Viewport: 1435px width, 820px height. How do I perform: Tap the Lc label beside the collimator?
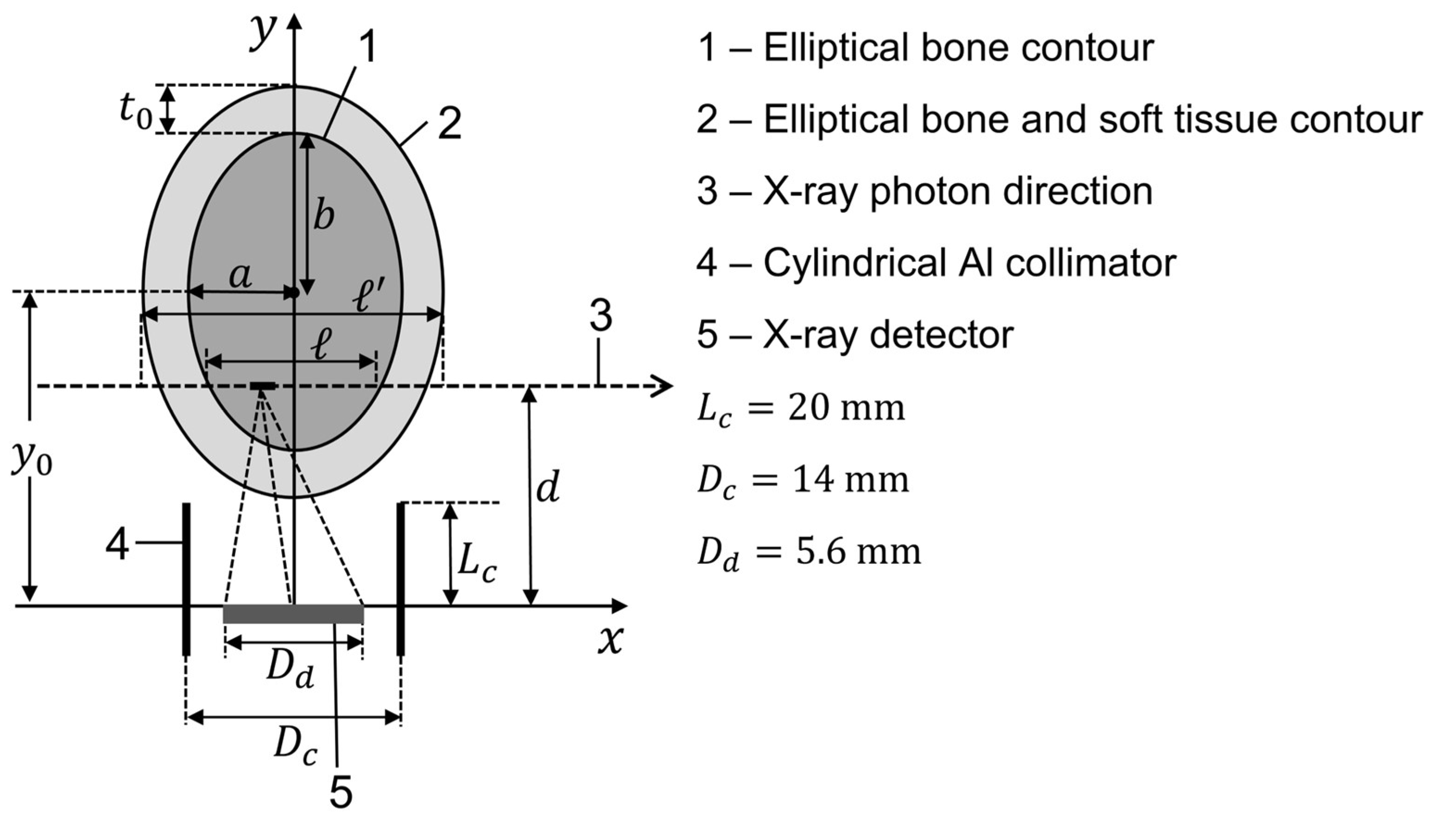tap(476, 563)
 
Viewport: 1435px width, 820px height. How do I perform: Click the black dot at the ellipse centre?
tap(293, 292)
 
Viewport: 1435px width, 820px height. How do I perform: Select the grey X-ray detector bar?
tap(293, 614)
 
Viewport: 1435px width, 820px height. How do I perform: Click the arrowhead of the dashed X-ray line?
tap(664, 386)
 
